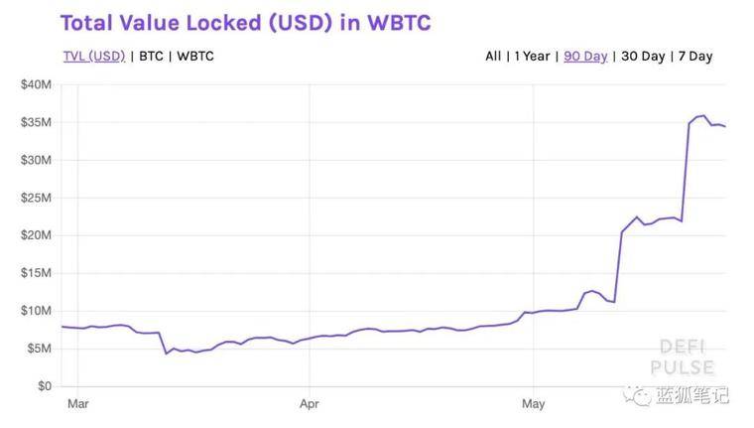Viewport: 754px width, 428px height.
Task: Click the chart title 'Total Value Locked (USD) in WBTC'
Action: pyautogui.click(x=245, y=22)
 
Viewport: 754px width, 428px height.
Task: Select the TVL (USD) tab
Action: pyautogui.click(x=94, y=56)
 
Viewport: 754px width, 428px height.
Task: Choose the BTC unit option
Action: pyautogui.click(x=151, y=56)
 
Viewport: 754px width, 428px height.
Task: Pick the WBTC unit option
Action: pyautogui.click(x=194, y=56)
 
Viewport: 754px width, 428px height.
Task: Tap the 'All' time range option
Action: pyautogui.click(x=493, y=56)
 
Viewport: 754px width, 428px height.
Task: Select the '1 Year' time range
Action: pyautogui.click(x=533, y=56)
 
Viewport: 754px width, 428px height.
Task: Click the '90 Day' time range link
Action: pyautogui.click(x=585, y=56)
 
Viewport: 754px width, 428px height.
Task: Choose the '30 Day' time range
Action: pyautogui.click(x=643, y=56)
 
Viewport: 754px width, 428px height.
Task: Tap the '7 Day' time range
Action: pyautogui.click(x=694, y=56)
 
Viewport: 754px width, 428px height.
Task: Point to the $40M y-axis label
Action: pyautogui.click(x=36, y=84)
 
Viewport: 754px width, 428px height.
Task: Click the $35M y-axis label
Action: pyautogui.click(x=36, y=122)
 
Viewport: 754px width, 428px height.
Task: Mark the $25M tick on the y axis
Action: pyautogui.click(x=36, y=198)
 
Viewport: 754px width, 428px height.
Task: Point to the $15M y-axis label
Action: pyautogui.click(x=36, y=273)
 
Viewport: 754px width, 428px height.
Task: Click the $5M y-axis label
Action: pyautogui.click(x=39, y=349)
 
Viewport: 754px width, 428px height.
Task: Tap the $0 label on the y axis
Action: pyautogui.click(x=45, y=386)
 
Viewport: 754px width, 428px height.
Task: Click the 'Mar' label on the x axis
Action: pyautogui.click(x=77, y=405)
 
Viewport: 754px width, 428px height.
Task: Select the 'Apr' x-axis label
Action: pyautogui.click(x=310, y=405)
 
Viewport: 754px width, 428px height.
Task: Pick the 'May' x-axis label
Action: pyautogui.click(x=534, y=405)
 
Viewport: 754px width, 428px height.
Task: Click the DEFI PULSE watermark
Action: pyautogui.click(x=682, y=357)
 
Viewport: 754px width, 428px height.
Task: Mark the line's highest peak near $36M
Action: pyautogui.click(x=703, y=115)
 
